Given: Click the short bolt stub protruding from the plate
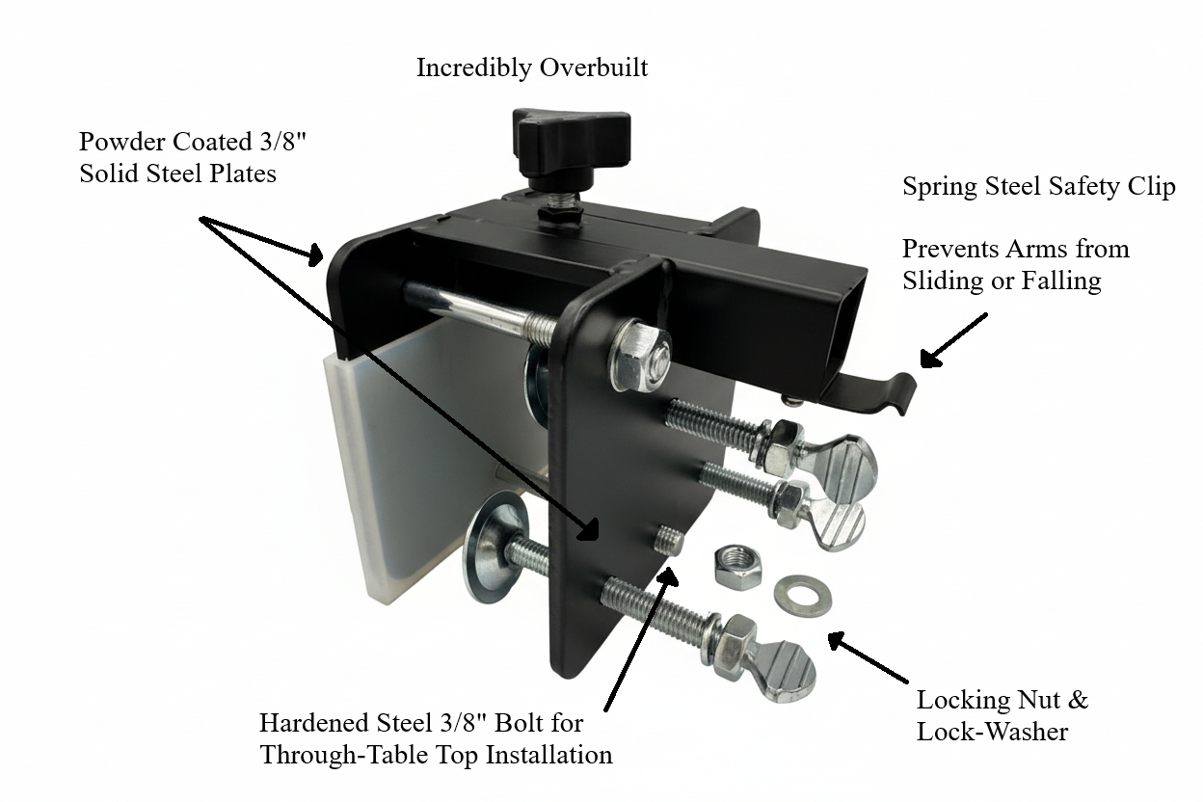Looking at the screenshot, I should tap(668, 540).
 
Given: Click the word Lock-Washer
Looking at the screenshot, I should tap(992, 732).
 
